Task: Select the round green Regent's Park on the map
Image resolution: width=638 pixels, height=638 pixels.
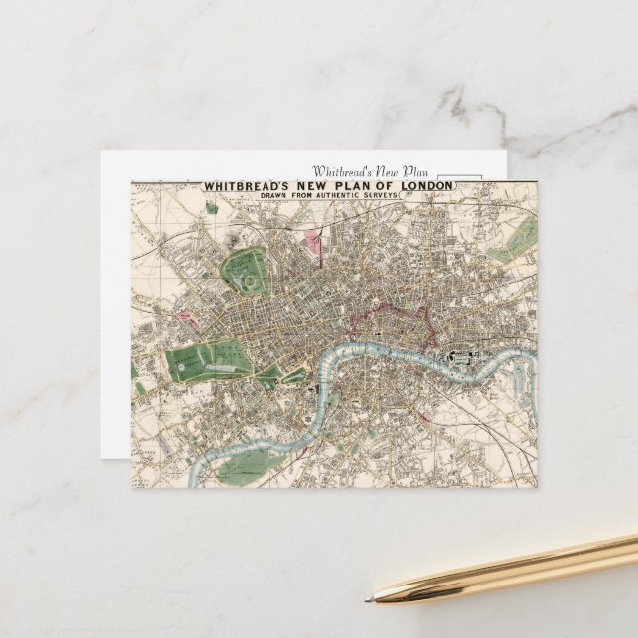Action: click(250, 270)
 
